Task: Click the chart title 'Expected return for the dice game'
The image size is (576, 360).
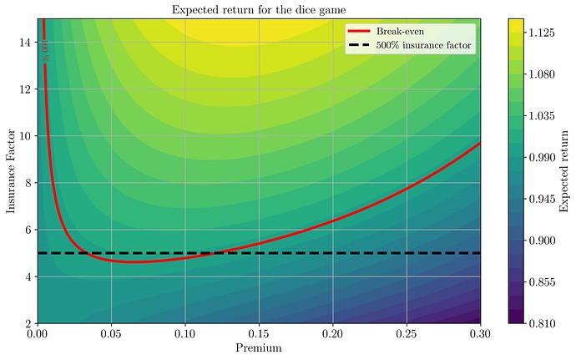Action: [259, 10]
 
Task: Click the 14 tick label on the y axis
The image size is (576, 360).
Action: [25, 43]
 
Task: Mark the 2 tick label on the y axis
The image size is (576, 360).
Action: [28, 322]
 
